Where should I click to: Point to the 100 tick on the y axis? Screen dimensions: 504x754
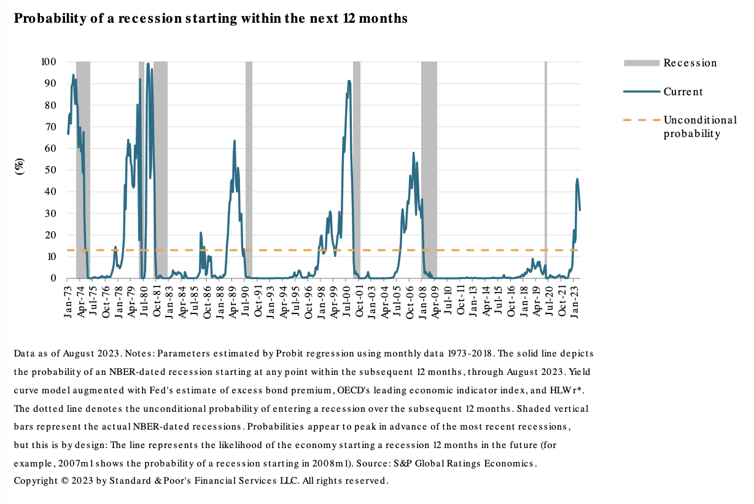click(x=49, y=61)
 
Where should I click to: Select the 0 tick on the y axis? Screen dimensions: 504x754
click(x=53, y=278)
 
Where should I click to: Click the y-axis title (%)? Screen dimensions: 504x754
click(x=20, y=167)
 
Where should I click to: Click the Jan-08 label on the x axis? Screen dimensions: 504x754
click(x=423, y=300)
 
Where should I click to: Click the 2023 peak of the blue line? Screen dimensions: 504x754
click(x=577, y=179)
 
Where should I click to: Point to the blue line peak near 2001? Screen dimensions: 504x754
click(x=349, y=81)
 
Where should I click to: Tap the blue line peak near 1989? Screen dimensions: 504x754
click(x=234, y=141)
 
